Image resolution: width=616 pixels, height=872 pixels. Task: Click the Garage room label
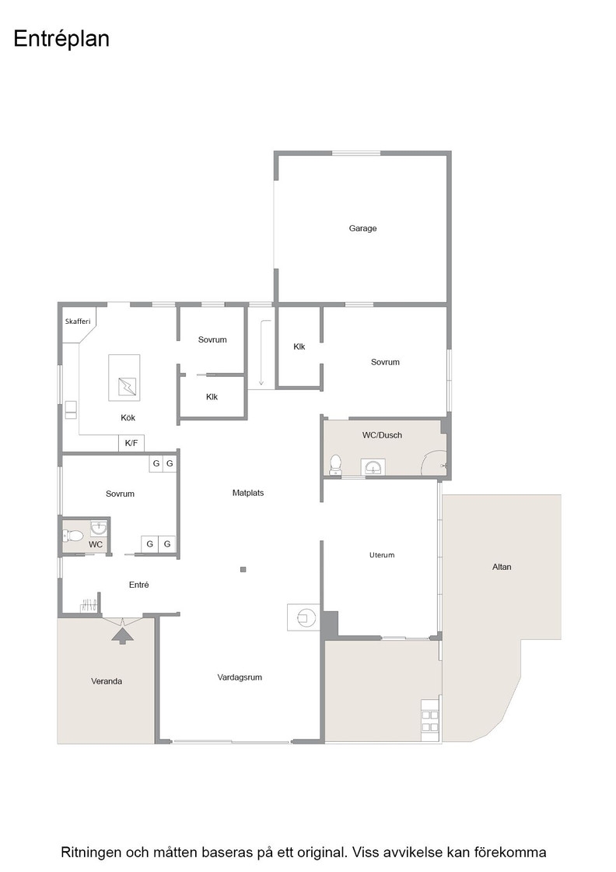(362, 228)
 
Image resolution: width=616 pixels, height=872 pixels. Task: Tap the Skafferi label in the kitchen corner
(78, 322)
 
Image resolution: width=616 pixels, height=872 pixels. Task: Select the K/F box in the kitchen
(131, 443)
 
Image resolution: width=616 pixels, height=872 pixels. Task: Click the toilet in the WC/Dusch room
(335, 465)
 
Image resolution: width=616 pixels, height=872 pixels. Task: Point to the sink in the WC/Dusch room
(373, 467)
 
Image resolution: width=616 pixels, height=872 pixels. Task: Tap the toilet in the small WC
(73, 536)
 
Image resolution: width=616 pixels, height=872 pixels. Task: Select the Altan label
(502, 567)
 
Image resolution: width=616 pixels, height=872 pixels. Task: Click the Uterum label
(382, 555)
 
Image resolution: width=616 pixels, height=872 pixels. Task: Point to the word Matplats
(248, 493)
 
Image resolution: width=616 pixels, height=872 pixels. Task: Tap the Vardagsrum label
(240, 677)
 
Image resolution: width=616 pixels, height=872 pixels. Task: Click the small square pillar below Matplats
(243, 569)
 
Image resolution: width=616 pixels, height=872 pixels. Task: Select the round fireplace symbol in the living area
(306, 617)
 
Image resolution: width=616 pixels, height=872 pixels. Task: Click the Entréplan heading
(61, 39)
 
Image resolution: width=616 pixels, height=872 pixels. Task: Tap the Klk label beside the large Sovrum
(299, 346)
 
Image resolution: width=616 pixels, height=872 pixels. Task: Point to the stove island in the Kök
(124, 378)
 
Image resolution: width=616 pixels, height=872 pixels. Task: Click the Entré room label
(139, 585)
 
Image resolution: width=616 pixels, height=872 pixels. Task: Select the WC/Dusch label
(382, 435)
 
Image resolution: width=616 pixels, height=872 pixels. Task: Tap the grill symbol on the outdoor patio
(430, 720)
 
